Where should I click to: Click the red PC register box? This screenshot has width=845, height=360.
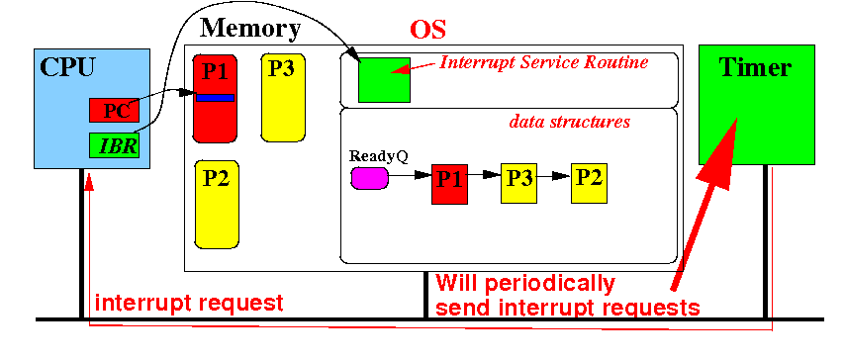[114, 111]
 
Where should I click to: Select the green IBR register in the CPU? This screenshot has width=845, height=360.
[114, 145]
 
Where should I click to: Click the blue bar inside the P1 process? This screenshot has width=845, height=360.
[215, 98]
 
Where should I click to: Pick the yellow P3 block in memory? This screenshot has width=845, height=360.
[283, 98]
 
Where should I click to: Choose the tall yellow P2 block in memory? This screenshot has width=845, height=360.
[217, 205]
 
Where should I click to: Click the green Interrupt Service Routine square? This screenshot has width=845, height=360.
[384, 80]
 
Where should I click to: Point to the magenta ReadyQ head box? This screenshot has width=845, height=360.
[370, 178]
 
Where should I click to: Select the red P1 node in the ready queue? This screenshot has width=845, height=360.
[449, 183]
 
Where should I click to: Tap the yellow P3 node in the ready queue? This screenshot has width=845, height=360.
[518, 183]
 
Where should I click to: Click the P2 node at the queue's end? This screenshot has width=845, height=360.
[589, 183]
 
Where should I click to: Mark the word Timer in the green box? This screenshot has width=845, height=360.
[755, 68]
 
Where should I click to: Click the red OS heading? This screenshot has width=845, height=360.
[427, 30]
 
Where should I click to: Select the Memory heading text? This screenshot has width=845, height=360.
[250, 29]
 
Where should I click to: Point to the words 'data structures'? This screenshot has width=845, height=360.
[570, 123]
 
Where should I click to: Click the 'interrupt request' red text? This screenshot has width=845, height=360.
[189, 303]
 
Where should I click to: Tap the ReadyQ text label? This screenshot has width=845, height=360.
[379, 157]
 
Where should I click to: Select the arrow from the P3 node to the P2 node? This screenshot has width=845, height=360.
[554, 175]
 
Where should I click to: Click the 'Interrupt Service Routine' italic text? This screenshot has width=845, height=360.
[544, 63]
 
